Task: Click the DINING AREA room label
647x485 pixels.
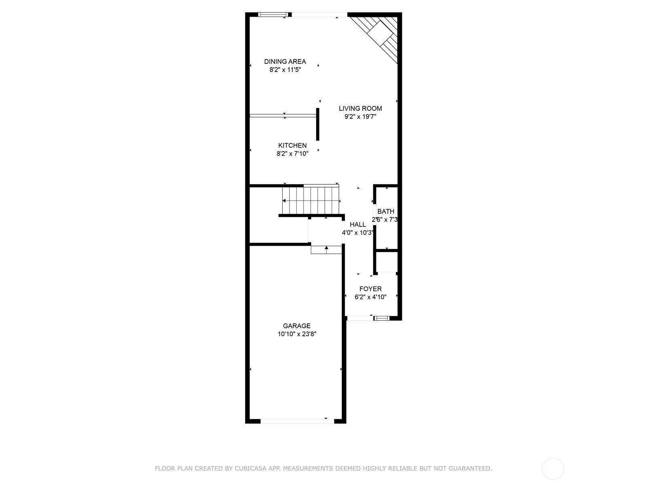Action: point(285,61)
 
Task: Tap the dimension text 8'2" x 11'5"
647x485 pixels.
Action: point(285,70)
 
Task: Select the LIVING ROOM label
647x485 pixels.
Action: point(360,108)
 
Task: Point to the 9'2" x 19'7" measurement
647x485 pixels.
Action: point(360,117)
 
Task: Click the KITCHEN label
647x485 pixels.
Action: point(292,145)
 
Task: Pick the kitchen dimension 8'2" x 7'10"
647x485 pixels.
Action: point(292,154)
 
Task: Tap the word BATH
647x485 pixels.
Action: point(385,211)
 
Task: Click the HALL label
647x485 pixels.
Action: point(358,225)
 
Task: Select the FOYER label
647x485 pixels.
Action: point(370,289)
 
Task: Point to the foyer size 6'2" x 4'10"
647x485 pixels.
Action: point(370,297)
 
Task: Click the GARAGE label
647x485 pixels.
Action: point(297,326)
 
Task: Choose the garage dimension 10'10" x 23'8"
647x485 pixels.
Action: point(297,334)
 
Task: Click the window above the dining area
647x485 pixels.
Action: point(273,15)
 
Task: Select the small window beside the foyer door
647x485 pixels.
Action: point(382,318)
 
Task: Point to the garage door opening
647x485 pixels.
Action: point(297,422)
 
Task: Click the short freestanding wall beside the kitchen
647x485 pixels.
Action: point(317,124)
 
